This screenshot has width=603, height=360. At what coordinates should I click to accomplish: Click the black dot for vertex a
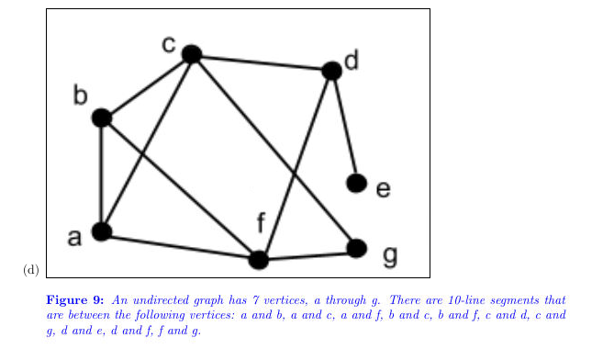[102, 231]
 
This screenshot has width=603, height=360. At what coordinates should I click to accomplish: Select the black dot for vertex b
[102, 118]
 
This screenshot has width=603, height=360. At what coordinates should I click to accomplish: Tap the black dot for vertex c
[191, 54]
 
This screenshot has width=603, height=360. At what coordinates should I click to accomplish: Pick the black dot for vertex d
[332, 71]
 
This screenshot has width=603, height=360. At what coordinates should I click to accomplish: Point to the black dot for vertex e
[357, 183]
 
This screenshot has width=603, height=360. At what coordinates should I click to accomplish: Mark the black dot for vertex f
[259, 260]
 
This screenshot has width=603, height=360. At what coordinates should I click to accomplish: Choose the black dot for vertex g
[357, 248]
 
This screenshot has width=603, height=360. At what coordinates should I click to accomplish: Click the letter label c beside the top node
[169, 44]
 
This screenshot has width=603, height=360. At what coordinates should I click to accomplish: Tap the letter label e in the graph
[383, 190]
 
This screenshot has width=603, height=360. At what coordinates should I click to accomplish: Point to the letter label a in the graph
[75, 238]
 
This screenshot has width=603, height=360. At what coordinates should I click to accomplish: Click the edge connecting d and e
[344, 127]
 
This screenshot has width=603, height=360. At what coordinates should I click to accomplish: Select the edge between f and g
[307, 254]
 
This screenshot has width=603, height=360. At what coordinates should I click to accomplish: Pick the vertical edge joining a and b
[102, 174]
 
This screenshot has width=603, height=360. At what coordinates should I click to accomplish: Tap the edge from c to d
[262, 62]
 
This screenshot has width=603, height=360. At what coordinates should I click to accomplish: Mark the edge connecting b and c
[147, 86]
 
